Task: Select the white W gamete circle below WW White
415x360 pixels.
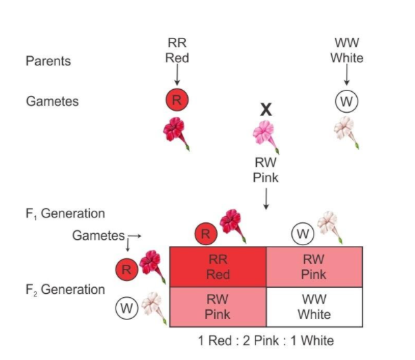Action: [x=346, y=101]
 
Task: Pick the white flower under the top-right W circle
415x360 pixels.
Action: [x=347, y=131]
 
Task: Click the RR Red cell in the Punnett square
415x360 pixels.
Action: [x=217, y=267]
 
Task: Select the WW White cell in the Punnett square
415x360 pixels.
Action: [x=314, y=307]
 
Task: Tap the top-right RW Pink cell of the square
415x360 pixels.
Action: [x=314, y=267]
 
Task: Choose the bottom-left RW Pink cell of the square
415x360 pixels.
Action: [x=217, y=307]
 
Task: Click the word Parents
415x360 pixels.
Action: [x=48, y=61]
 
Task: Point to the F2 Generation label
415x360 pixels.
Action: [x=65, y=290]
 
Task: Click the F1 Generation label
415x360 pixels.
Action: [x=65, y=214]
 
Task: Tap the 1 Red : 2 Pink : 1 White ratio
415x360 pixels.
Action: [x=266, y=340]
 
